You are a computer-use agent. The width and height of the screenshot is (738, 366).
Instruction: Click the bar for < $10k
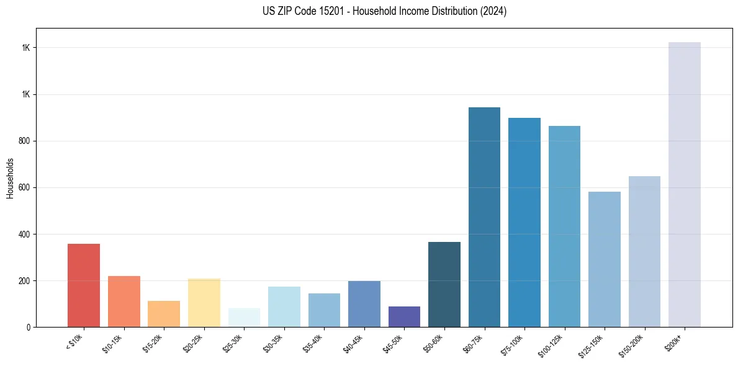click(x=84, y=285)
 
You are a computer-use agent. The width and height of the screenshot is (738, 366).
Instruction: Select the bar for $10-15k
click(x=124, y=301)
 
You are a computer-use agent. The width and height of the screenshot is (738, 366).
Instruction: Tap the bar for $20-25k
click(x=204, y=303)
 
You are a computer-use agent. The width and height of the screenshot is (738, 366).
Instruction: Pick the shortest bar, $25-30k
click(x=244, y=318)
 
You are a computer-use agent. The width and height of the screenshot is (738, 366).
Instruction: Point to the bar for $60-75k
click(x=484, y=217)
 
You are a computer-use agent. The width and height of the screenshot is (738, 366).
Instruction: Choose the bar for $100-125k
click(x=564, y=226)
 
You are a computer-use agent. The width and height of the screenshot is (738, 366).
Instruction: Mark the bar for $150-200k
click(x=644, y=251)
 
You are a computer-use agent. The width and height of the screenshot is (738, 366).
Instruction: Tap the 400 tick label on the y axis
click(x=25, y=234)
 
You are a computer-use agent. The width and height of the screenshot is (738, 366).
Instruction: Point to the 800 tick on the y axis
click(x=25, y=141)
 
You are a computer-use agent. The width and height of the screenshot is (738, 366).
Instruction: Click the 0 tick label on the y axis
click(x=29, y=328)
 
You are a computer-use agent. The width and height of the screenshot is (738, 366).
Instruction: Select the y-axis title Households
click(x=10, y=178)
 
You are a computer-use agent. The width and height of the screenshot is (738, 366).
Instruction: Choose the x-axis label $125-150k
click(x=593, y=344)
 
